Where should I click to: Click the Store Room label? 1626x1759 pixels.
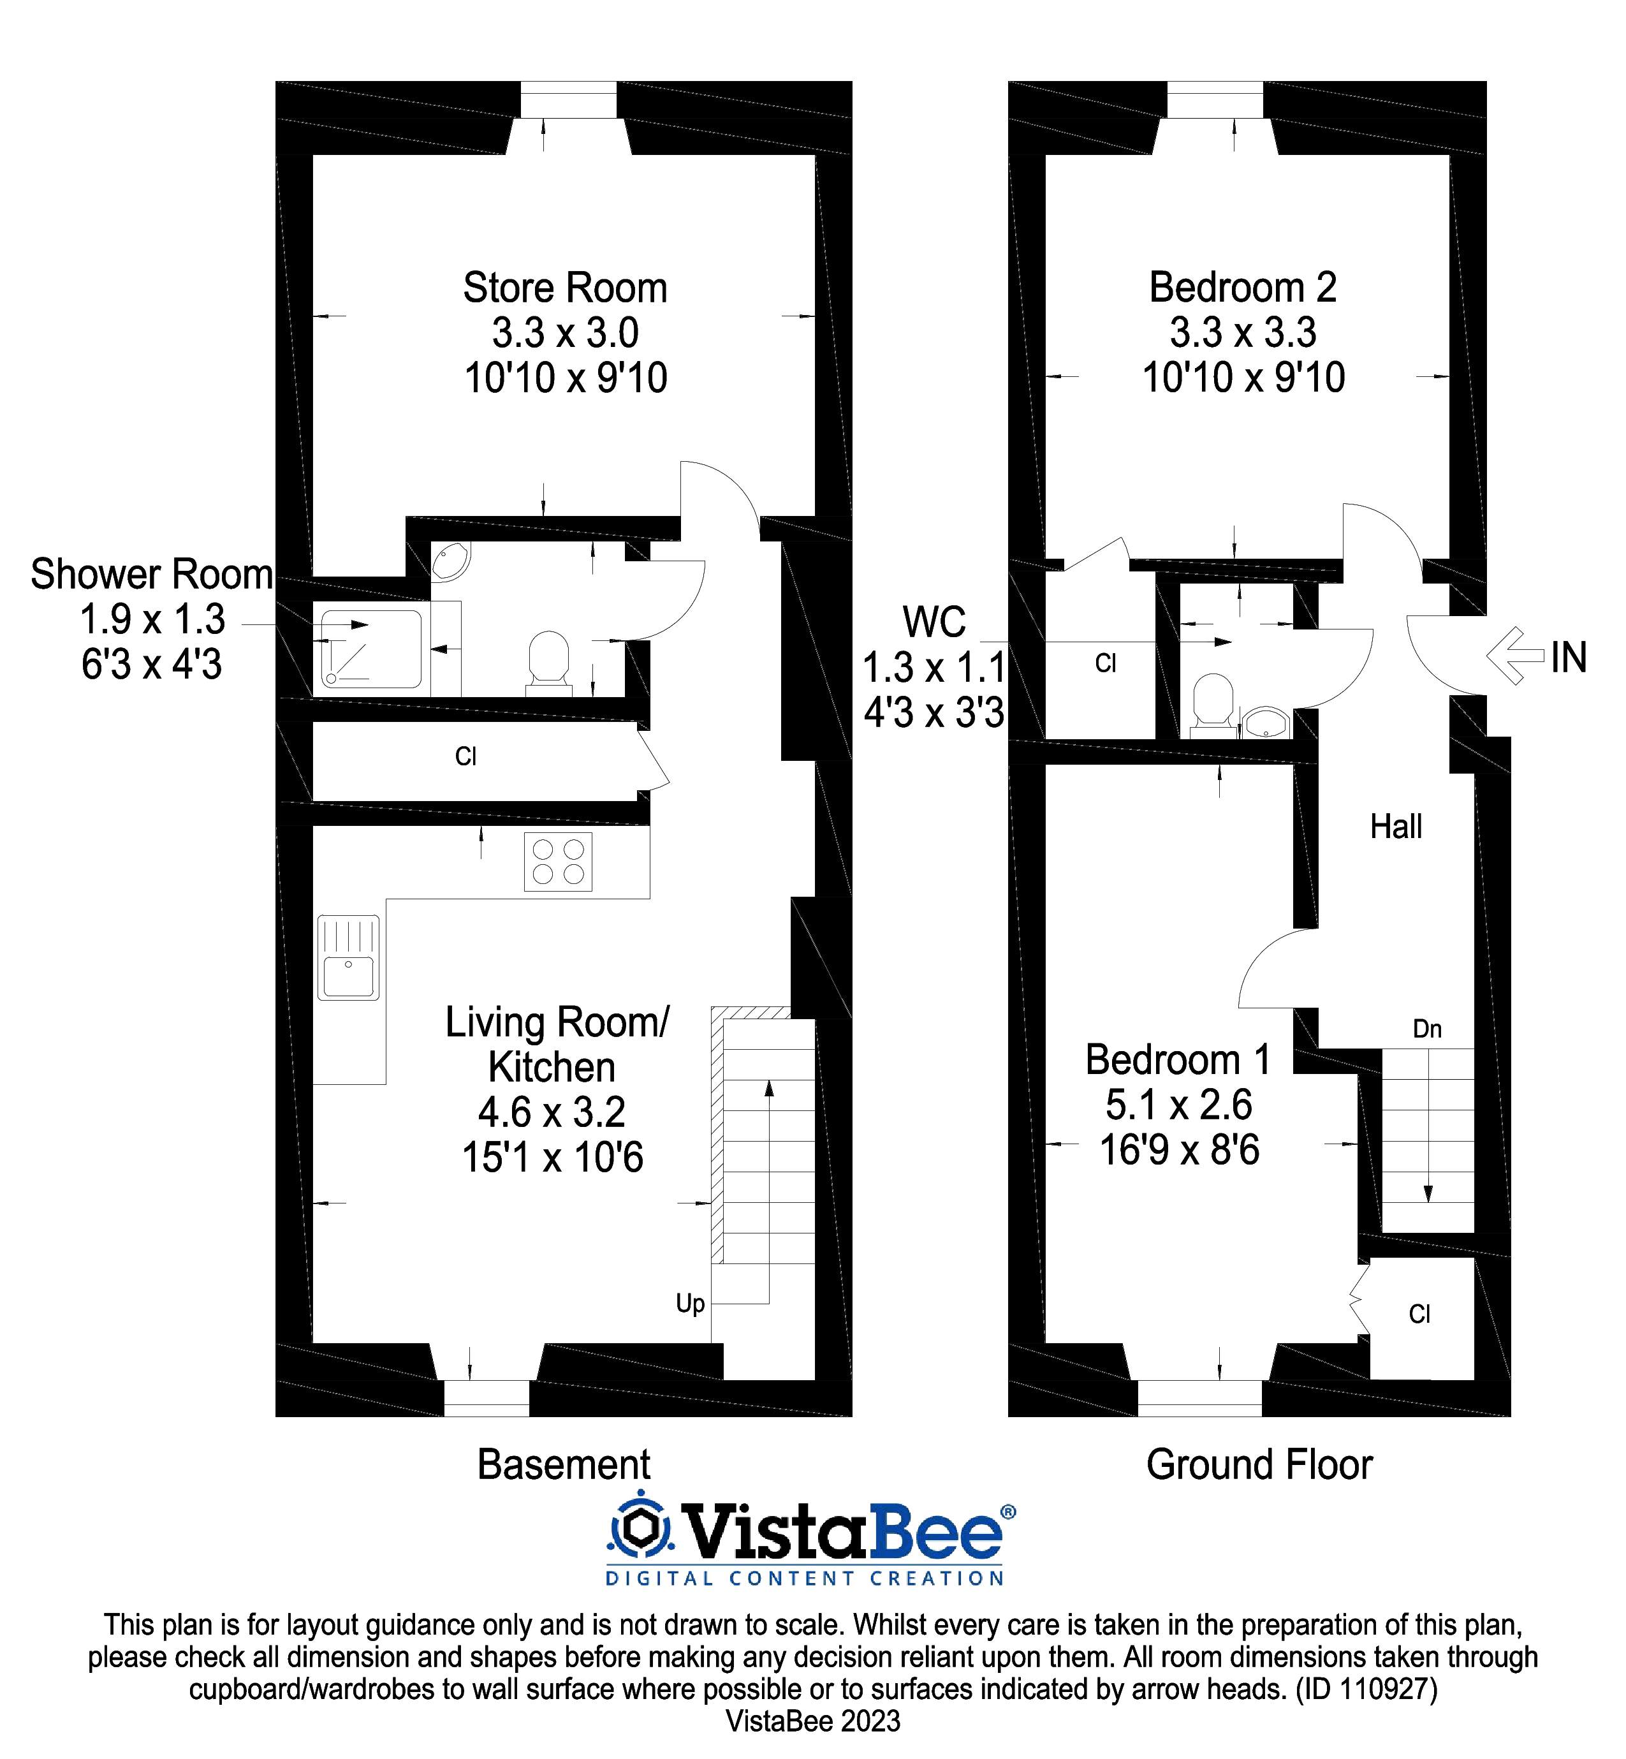click(565, 289)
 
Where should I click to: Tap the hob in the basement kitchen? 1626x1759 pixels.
click(558, 862)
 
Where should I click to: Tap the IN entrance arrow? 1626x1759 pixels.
click(1515, 656)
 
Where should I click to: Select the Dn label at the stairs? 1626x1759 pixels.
click(1426, 1029)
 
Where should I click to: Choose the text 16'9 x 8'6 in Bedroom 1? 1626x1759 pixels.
click(1179, 1150)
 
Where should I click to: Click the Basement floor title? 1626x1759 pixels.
click(563, 1465)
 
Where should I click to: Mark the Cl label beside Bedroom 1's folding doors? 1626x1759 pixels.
click(1419, 1314)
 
